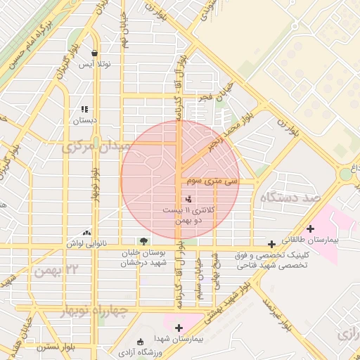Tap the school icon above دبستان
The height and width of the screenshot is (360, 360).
click(84, 109)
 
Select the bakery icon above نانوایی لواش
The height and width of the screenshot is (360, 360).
click(87, 233)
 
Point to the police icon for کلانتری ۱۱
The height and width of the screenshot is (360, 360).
click(187, 199)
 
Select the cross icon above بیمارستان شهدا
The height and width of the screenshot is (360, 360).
click(179, 328)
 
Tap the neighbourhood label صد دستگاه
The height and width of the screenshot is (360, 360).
click(291, 199)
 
